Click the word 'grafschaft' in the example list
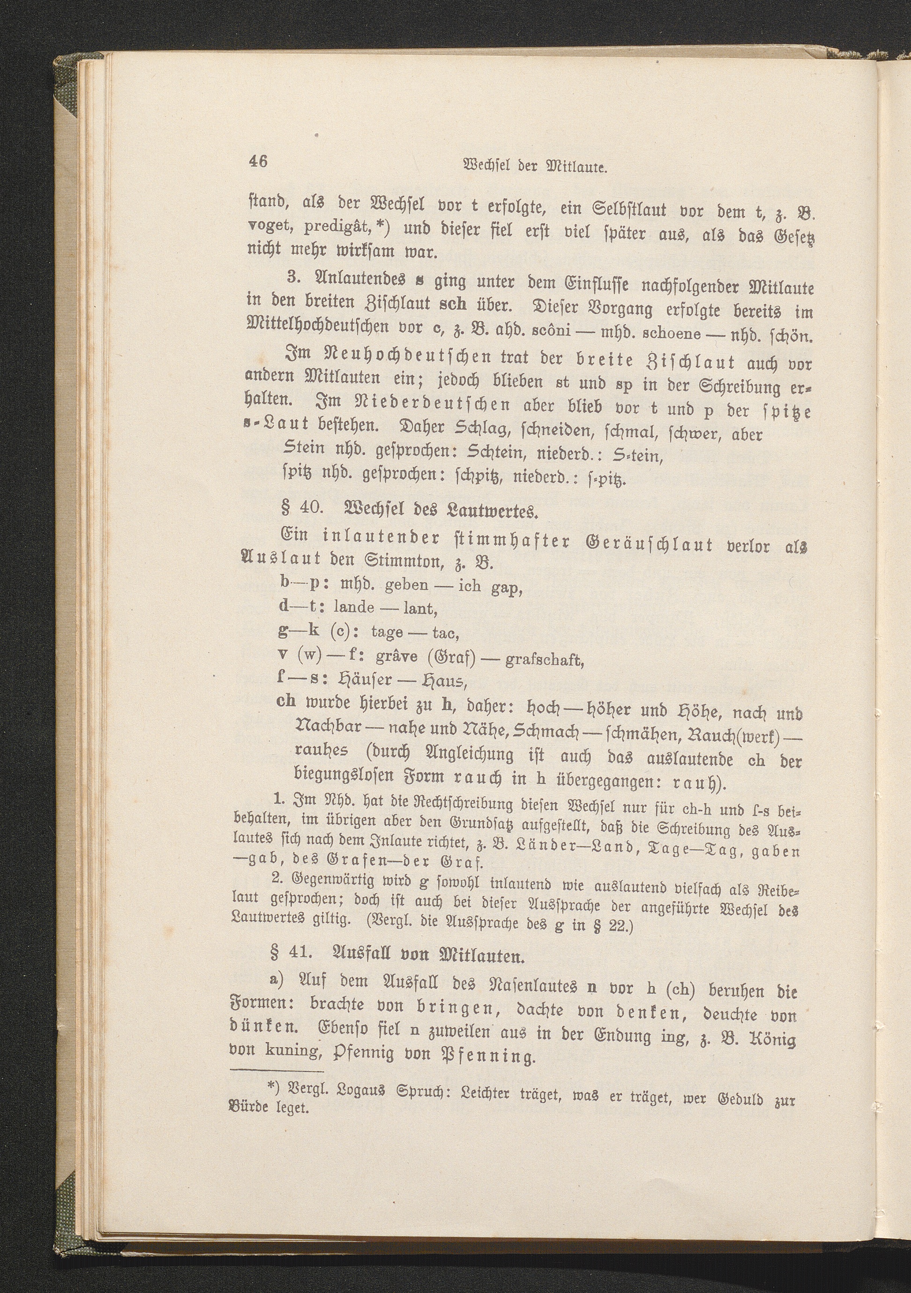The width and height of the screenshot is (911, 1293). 544,659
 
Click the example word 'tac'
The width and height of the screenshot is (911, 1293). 446,634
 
